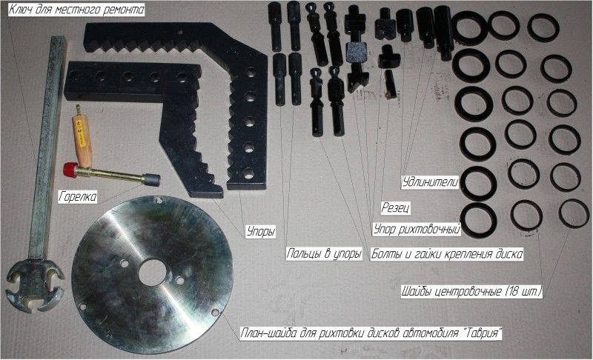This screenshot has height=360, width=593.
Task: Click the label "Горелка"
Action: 78,196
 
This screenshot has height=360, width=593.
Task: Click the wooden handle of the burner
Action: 84,140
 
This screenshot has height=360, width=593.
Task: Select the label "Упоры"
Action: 261,231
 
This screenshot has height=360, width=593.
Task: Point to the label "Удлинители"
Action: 431,182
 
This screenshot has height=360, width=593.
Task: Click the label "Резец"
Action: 396,207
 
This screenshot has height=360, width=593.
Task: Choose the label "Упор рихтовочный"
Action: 417,230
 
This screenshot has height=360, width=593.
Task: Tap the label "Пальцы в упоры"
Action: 324,253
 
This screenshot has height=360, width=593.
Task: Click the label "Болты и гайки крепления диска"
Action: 447,253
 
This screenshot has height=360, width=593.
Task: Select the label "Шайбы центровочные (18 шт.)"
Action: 471,292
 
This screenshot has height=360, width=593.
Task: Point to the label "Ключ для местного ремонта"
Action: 76,10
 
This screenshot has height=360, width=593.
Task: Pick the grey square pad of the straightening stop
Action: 356,53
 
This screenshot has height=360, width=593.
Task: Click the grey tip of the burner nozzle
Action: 152,180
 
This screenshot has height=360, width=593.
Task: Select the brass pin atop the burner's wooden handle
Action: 79,109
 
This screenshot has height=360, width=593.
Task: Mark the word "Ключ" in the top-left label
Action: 19,10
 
